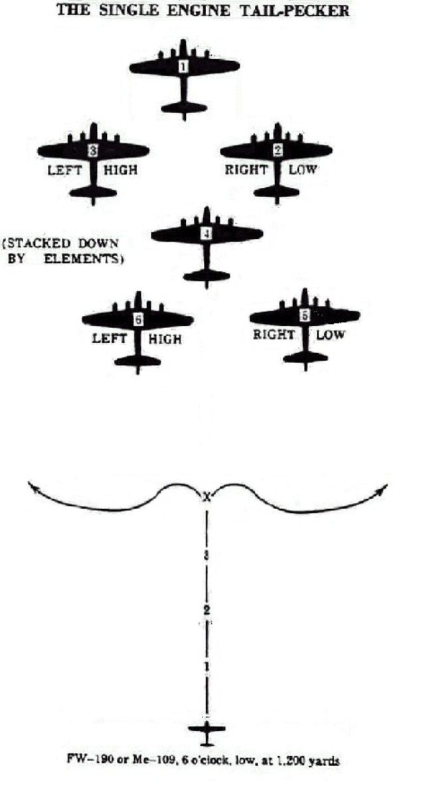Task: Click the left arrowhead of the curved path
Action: [x=31, y=488]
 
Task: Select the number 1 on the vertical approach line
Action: [x=207, y=665]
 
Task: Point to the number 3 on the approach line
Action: [x=207, y=556]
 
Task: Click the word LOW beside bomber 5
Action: [x=330, y=335]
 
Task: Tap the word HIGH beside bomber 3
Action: [x=121, y=170]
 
